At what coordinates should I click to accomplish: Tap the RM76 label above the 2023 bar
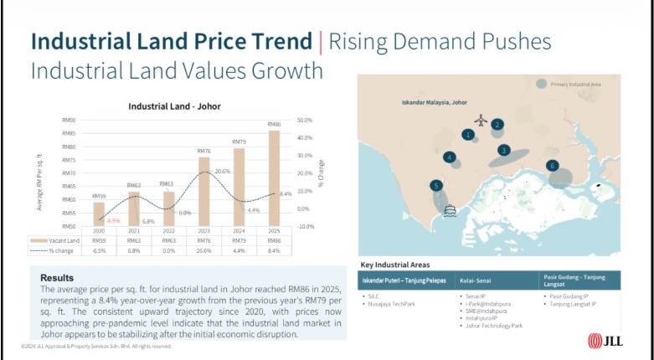(x=203, y=152)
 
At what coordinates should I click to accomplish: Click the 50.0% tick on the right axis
(x=305, y=121)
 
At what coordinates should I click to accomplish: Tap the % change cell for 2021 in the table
(x=133, y=249)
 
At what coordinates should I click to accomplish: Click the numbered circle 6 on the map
(x=552, y=166)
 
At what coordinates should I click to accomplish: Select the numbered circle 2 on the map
(x=497, y=125)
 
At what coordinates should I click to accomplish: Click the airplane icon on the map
(x=480, y=120)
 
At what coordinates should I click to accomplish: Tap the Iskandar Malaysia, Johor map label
(x=430, y=102)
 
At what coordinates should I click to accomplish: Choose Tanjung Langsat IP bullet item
(x=571, y=304)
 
